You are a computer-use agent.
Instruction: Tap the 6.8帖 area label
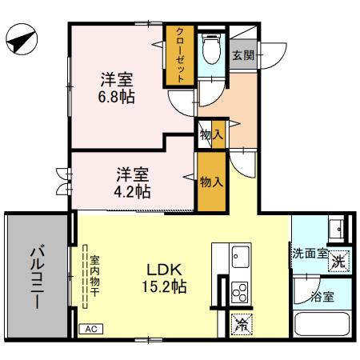117,98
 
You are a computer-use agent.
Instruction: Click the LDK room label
166,270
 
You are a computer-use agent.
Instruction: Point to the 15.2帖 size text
166,286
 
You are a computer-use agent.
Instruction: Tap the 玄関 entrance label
243,55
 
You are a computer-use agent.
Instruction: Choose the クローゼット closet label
180,54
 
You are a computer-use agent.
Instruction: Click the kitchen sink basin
240,258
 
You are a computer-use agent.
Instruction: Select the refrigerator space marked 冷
240,324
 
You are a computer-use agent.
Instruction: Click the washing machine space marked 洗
339,259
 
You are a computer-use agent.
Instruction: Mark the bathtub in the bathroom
322,326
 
